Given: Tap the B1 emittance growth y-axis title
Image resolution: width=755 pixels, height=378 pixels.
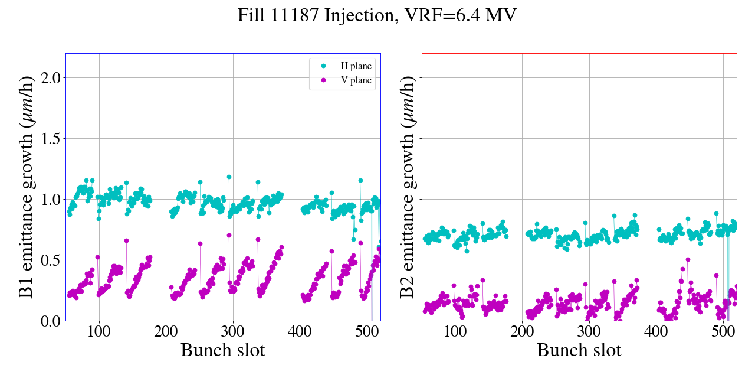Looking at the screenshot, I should click(27, 187).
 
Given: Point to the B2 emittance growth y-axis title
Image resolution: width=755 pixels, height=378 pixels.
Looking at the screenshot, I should click(406, 187).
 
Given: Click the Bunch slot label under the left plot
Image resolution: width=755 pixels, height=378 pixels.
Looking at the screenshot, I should click(222, 350).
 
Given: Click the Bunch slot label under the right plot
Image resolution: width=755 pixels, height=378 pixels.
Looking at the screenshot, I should click(579, 350).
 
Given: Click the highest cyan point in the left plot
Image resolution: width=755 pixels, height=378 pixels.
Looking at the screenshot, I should click(229, 177).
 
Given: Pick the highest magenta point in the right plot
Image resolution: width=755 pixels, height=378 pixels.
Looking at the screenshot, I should click(688, 259).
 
